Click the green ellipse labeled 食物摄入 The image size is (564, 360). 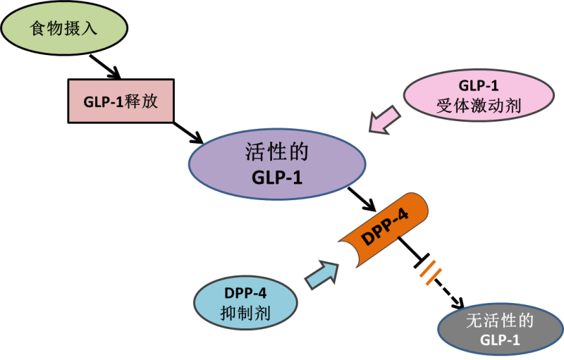point(67,30)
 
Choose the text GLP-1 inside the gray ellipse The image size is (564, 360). point(500,340)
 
